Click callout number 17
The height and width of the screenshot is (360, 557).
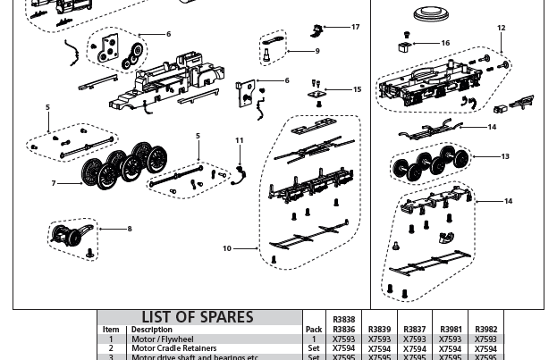[355, 28]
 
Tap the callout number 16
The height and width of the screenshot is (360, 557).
[445, 43]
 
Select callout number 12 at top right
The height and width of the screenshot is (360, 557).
[501, 29]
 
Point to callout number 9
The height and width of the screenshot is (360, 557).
[317, 52]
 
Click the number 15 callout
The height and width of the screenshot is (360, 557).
[358, 89]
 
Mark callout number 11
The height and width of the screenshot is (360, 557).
[239, 141]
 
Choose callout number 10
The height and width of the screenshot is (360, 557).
[227, 249]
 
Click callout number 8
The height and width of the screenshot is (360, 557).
[130, 230]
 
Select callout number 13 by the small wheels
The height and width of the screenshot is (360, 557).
[505, 157]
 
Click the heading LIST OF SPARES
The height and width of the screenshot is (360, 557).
[198, 318]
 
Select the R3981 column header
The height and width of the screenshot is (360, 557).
[451, 330]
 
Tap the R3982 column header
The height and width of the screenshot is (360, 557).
[485, 330]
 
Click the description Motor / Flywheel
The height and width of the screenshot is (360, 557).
[163, 339]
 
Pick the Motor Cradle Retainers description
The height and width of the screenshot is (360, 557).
[174, 348]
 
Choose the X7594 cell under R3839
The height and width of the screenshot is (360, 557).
[379, 348]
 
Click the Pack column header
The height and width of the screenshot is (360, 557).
[314, 330]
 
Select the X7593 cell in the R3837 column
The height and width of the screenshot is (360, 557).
[415, 339]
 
